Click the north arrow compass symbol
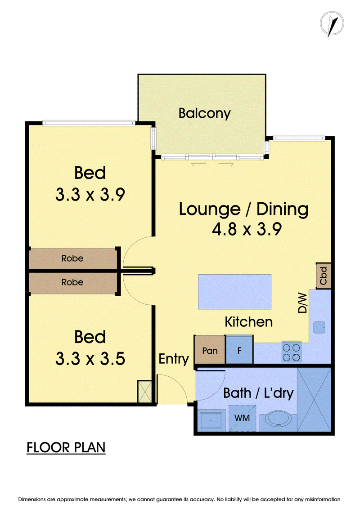click(x=332, y=24)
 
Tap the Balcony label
click(x=204, y=113)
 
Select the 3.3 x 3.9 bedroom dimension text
click(x=90, y=194)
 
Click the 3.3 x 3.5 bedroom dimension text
click(x=90, y=359)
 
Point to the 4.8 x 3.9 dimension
click(x=247, y=229)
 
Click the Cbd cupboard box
click(x=324, y=276)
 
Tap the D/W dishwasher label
click(x=302, y=303)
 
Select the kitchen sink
click(x=319, y=327)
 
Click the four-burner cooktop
click(x=291, y=352)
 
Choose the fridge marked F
click(x=239, y=350)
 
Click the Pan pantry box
click(x=210, y=350)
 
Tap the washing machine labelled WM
click(x=242, y=418)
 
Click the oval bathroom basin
click(x=278, y=418)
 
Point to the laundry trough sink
click(x=211, y=420)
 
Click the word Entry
click(x=174, y=359)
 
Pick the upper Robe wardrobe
click(x=72, y=258)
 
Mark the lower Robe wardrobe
click(x=72, y=282)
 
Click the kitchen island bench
click(x=235, y=292)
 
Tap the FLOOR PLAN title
click(x=66, y=447)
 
